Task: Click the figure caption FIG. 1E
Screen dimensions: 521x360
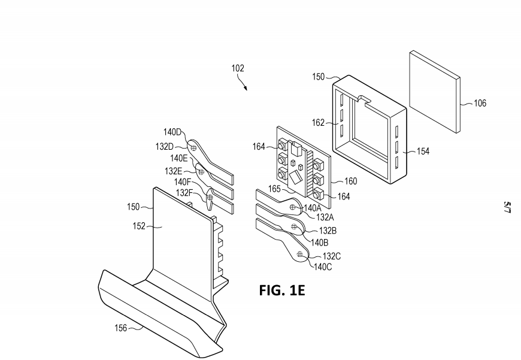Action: tap(282, 290)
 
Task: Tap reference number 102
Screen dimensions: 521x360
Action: tap(238, 68)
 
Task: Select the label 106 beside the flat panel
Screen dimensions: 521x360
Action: tap(480, 103)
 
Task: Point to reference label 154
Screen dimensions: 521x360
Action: tap(423, 151)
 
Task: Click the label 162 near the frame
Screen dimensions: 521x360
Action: tap(318, 123)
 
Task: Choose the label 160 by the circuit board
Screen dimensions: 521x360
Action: tap(350, 181)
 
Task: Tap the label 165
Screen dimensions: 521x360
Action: tap(274, 189)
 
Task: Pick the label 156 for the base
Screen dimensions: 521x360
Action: tap(120, 328)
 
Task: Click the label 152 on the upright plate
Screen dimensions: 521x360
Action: tap(139, 226)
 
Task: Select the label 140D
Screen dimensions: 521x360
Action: tap(172, 132)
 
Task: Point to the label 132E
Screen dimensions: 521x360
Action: tap(173, 171)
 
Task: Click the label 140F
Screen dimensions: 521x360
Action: tap(183, 182)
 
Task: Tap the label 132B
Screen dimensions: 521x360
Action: tap(328, 231)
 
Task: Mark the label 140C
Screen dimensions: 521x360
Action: tap(323, 267)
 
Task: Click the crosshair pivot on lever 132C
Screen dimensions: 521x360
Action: tap(299, 255)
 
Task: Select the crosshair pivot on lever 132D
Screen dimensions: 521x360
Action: tap(193, 147)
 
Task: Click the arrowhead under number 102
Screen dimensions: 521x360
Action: tap(246, 89)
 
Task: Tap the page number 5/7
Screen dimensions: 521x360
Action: tap(507, 207)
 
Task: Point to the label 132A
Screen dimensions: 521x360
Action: tap(325, 217)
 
